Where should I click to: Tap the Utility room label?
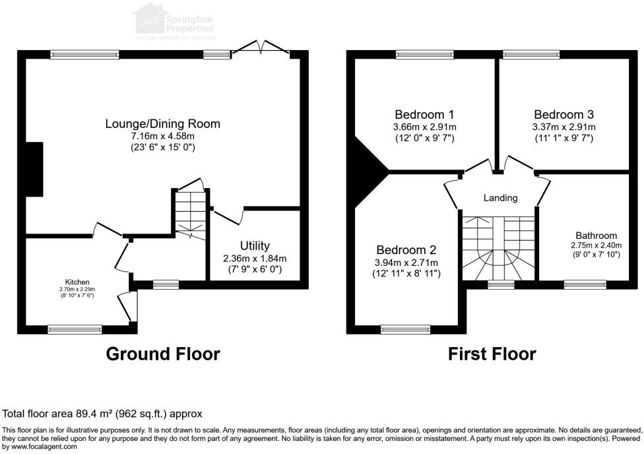pos(255,246)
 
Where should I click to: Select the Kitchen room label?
pos(77,282)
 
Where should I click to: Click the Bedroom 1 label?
pos(425,114)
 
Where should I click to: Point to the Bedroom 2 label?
pos(406,250)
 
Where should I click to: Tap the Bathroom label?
pos(596,235)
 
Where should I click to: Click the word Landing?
pos(500,197)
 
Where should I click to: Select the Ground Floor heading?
pos(163,354)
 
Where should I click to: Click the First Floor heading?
pos(492,354)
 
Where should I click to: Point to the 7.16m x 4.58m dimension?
pos(162,136)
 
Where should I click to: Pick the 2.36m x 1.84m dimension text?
pos(255,258)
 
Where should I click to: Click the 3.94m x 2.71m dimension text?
pos(406,262)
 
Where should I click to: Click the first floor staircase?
pos(498,247)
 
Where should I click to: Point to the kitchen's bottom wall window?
pos(75,328)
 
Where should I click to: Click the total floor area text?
pos(103,414)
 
